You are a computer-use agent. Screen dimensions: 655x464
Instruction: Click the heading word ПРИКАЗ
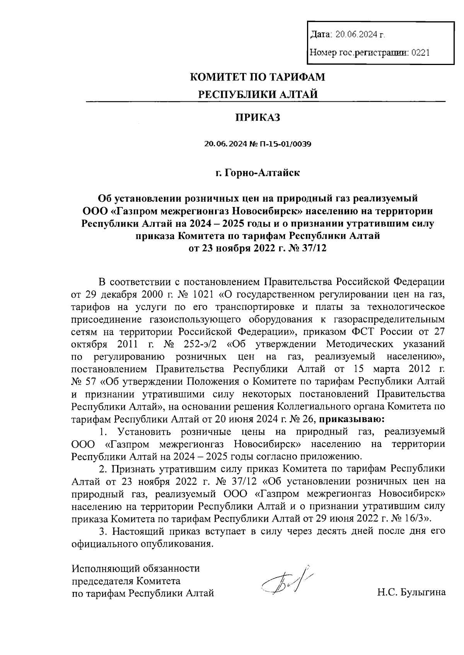tap(258, 118)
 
